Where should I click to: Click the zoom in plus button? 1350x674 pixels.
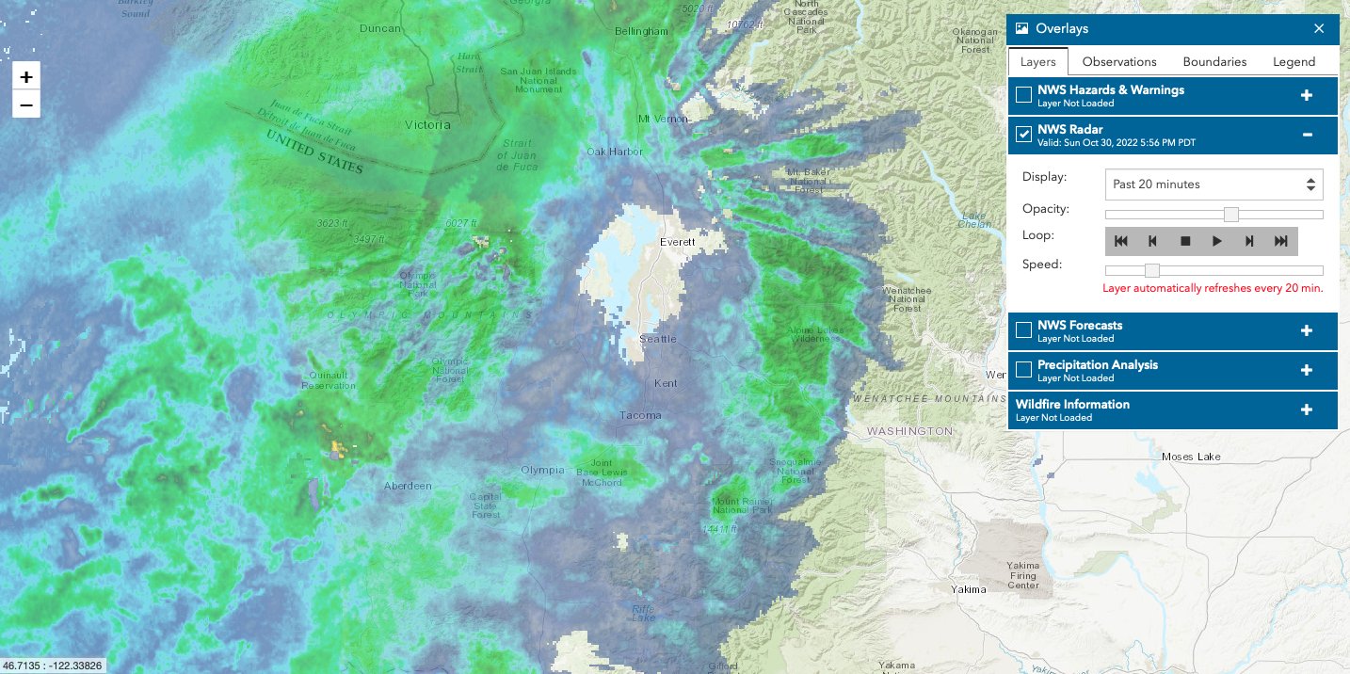[x=26, y=77]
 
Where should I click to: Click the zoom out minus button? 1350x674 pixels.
[x=26, y=104]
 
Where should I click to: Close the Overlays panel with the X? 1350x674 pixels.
[x=1319, y=28]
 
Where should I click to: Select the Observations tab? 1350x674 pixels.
[x=1119, y=61]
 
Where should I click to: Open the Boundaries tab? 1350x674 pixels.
[x=1214, y=61]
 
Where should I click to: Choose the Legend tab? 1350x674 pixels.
[x=1294, y=61]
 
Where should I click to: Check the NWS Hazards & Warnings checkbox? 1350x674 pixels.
[x=1023, y=95]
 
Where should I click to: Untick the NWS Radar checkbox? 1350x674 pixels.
[x=1023, y=135]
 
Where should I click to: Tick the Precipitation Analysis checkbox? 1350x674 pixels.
[x=1023, y=370]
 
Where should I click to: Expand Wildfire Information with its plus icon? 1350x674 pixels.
[x=1306, y=409]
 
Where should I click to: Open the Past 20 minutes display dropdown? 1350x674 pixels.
[x=1213, y=185]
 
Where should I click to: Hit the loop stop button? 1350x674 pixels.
[x=1185, y=241]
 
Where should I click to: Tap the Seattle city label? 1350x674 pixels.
[x=658, y=339]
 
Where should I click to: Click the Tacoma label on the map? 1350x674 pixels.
[x=640, y=415]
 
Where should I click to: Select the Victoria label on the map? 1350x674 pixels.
[x=426, y=124]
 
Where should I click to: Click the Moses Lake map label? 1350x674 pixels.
[x=1190, y=457]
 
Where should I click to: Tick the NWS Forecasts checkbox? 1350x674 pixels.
[x=1023, y=330]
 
